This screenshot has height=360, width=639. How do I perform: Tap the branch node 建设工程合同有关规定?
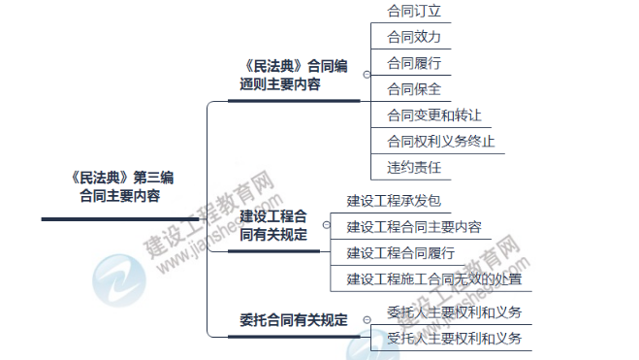coord(273,224)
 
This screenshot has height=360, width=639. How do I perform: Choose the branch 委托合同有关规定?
coord(293,319)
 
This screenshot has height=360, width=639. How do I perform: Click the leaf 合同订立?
coord(414,11)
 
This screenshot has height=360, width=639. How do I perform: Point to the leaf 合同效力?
coord(414,37)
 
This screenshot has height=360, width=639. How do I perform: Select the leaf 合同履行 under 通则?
coord(414,63)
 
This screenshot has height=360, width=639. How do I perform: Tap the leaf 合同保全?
coord(414,89)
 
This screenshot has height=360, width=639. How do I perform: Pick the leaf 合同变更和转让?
coord(433,115)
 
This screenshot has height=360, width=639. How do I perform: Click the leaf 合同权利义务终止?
coord(440,142)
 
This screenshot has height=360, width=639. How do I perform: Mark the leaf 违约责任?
coord(414,168)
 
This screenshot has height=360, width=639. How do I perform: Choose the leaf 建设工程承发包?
coord(394,202)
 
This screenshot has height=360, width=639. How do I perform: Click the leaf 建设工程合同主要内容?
coord(413,228)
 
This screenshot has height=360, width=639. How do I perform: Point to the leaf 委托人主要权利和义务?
coord(454,312)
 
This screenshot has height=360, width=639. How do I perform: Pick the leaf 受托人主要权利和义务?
coord(454,339)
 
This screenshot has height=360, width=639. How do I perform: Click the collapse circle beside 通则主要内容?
coord(366,74)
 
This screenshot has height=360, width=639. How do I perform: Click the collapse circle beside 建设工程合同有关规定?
coord(324,224)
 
